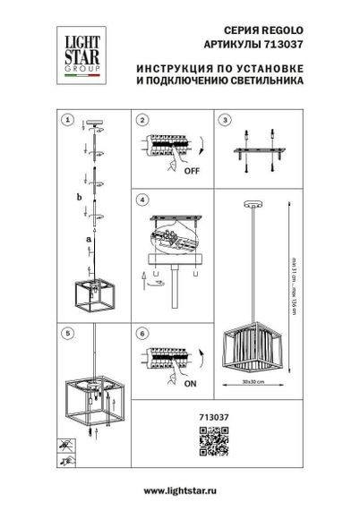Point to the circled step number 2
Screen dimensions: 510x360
pos(141,120)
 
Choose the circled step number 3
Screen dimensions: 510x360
pos(226,120)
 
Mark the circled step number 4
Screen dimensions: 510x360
pos(141,200)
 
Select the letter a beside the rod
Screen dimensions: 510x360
pos(87,240)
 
